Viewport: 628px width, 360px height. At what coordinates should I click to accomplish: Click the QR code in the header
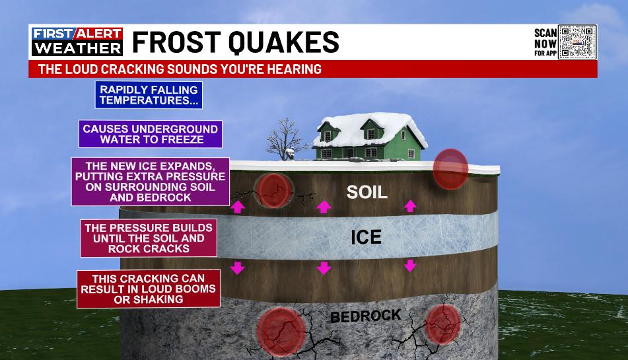pyautogui.click(x=578, y=42)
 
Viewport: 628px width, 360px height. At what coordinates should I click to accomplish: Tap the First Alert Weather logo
pyautogui.click(x=77, y=41)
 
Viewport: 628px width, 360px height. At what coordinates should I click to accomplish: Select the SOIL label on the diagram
pyautogui.click(x=367, y=192)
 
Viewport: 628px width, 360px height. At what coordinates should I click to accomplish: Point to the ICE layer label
pyautogui.click(x=366, y=237)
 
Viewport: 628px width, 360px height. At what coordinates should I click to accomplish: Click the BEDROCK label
pyautogui.click(x=366, y=316)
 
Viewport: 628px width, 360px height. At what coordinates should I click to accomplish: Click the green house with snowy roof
pyautogui.click(x=369, y=136)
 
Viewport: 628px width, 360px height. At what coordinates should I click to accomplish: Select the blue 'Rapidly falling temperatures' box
pyautogui.click(x=149, y=95)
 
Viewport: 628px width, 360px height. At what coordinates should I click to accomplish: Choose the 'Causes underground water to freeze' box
pyautogui.click(x=151, y=134)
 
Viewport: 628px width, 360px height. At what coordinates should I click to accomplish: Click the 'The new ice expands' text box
pyautogui.click(x=151, y=182)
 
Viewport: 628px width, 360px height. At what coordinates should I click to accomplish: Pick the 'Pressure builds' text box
pyautogui.click(x=149, y=238)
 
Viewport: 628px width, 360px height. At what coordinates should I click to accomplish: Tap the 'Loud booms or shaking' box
pyautogui.click(x=149, y=289)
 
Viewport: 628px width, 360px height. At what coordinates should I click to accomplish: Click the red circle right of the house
pyautogui.click(x=450, y=169)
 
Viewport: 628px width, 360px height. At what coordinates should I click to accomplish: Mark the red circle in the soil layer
pyautogui.click(x=274, y=190)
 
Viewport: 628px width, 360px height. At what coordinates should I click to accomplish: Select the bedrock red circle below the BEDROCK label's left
pyautogui.click(x=281, y=332)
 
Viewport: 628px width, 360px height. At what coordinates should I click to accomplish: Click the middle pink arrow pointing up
pyautogui.click(x=324, y=207)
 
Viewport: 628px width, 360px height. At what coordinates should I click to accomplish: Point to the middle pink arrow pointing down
pyautogui.click(x=324, y=268)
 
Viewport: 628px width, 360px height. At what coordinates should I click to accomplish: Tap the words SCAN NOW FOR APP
pyautogui.click(x=545, y=42)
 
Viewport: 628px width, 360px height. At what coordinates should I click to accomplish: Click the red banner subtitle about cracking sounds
pyautogui.click(x=180, y=69)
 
